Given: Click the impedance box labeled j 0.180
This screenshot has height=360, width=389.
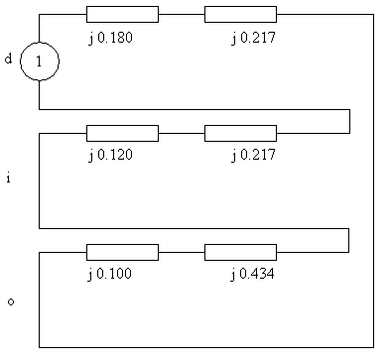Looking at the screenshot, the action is coord(122,14).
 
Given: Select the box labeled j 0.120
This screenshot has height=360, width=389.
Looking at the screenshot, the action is coord(122,133).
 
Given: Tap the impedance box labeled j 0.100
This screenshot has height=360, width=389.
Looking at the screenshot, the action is coord(122,252).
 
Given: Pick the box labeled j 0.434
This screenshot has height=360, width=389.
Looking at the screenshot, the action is coord(240,252).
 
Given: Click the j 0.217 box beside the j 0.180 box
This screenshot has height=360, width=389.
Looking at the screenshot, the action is coord(240,14).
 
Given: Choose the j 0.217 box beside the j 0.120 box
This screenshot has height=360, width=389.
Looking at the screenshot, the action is coord(240,133).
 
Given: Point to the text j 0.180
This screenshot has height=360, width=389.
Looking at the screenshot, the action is coord(110,38).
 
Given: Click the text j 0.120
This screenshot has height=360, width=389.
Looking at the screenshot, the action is coord(110,155).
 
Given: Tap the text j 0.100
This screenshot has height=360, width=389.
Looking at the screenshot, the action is coord(109,274).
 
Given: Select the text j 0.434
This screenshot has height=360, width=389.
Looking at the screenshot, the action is coord(252,274).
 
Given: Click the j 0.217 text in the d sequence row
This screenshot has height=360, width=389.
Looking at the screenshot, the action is coord(253,38).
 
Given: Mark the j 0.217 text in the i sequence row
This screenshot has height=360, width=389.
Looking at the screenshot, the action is coord(253,155).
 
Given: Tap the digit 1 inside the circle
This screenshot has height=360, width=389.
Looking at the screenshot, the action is coord(39,61).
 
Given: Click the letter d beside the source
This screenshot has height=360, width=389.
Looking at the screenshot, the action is coord(8,59).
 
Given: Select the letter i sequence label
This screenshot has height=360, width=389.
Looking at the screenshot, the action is coord(9,178).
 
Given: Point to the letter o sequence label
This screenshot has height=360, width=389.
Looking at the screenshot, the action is coord(11,301).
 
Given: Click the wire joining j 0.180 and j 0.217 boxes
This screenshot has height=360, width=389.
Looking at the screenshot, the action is coord(182,14).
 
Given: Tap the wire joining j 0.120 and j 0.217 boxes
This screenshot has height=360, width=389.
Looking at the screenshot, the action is coord(182,133).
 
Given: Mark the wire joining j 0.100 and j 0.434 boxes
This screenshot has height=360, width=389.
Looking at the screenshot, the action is coord(182,252).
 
